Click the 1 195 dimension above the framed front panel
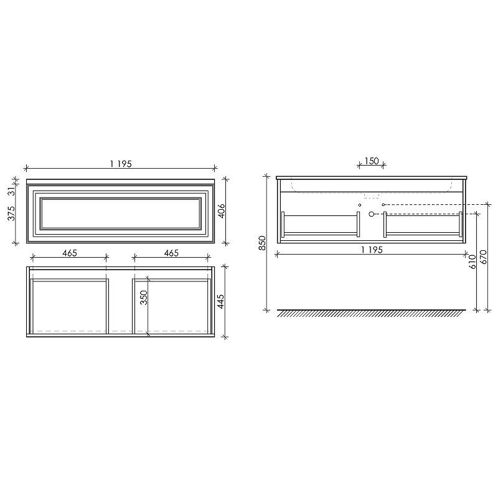(x=121, y=164)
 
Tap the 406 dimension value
(x=221, y=212)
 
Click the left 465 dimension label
(x=70, y=253)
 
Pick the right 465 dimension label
(x=171, y=253)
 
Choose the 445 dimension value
(x=221, y=302)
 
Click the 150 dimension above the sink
(x=372, y=161)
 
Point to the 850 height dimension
(x=263, y=243)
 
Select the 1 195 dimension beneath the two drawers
(x=372, y=250)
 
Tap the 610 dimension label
(x=472, y=261)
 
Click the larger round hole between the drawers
(x=372, y=214)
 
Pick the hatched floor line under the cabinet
(x=371, y=313)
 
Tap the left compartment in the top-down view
(x=70, y=305)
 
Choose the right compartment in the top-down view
(x=171, y=305)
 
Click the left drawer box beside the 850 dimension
(x=321, y=225)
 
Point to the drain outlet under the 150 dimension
(x=372, y=195)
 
